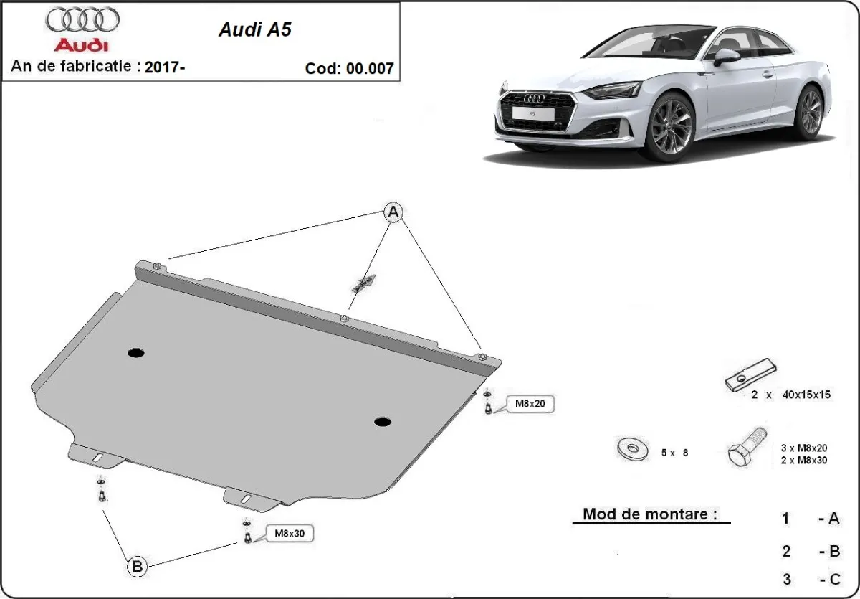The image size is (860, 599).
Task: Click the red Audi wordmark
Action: [82, 46]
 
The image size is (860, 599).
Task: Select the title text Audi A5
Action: [254, 31]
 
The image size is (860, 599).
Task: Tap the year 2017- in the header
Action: [165, 67]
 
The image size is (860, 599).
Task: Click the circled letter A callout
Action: [393, 212]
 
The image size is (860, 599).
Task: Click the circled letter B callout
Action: [137, 567]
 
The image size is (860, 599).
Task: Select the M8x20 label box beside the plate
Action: [530, 405]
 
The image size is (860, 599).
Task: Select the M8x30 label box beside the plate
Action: [290, 534]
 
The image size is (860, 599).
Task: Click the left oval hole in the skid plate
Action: [135, 352]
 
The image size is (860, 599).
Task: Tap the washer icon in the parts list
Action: [633, 450]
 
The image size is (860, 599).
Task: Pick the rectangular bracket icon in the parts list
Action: [750, 376]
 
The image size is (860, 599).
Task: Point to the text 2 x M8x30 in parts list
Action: [804, 460]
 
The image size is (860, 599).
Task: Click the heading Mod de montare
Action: [649, 514]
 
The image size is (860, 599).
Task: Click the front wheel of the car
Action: [670, 127]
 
